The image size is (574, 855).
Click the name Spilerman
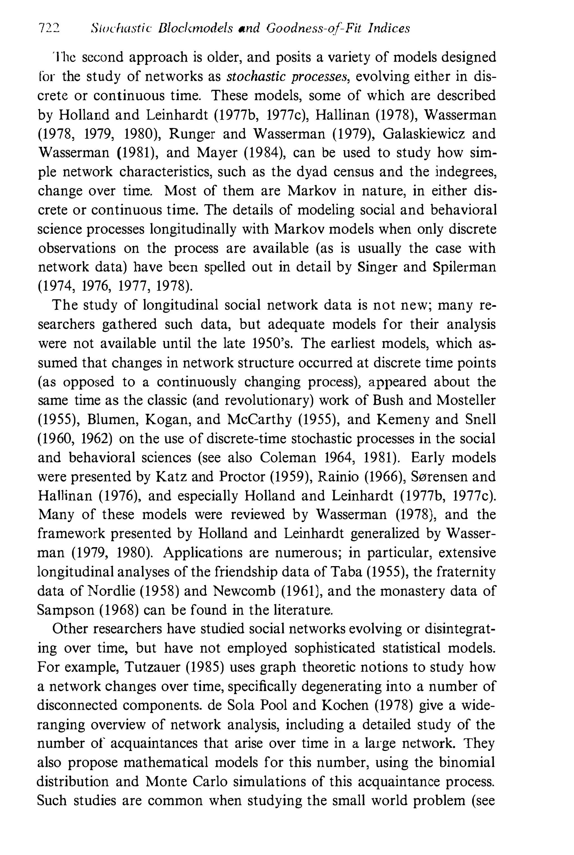(464, 267)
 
